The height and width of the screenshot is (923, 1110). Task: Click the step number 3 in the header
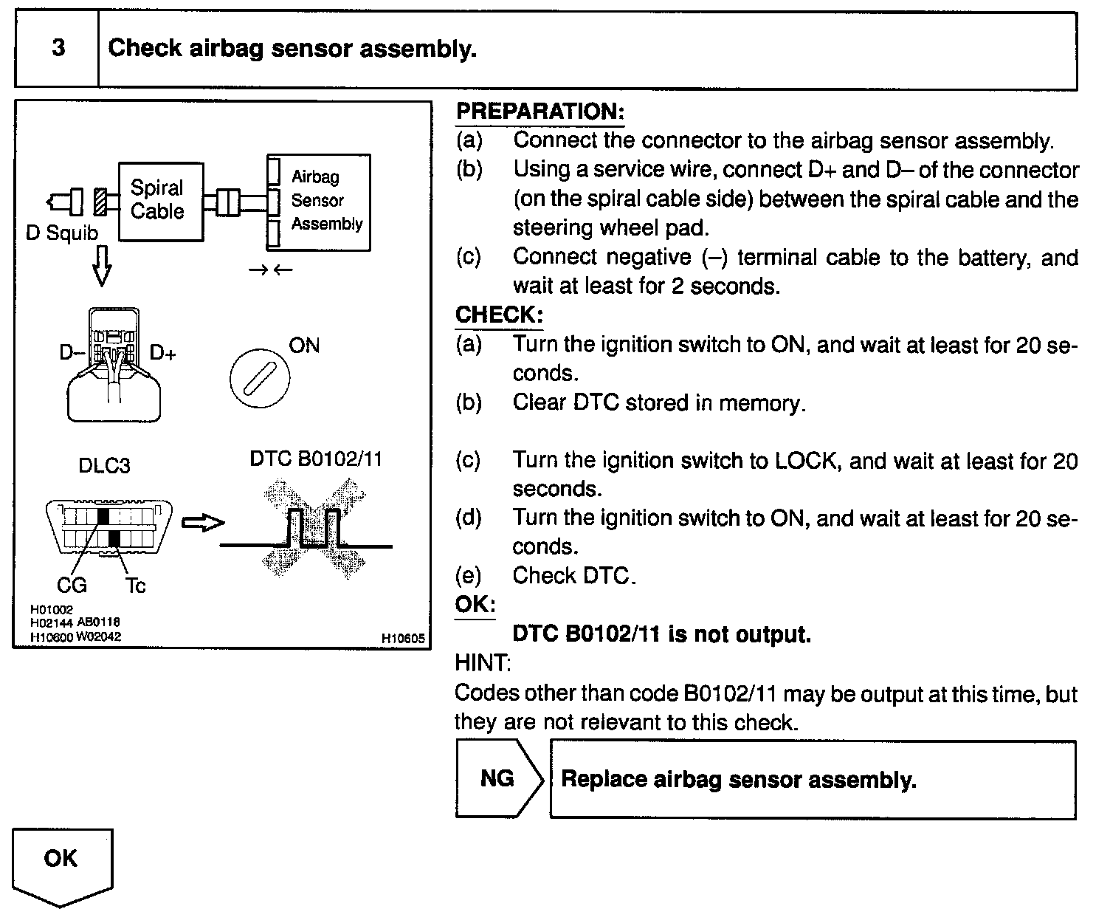[58, 49]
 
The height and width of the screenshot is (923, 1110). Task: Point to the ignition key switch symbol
[260, 379]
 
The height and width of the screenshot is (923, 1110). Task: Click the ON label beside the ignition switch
[304, 346]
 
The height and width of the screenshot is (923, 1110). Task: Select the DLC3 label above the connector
[104, 466]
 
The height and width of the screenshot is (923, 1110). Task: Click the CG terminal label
[72, 586]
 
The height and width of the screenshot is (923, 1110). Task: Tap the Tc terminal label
[135, 586]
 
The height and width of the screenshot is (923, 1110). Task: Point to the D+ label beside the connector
[163, 353]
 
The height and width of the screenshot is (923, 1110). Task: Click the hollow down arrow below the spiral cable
[102, 266]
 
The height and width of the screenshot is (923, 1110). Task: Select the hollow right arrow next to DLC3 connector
[202, 524]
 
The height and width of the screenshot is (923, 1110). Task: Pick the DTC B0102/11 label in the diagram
[316, 459]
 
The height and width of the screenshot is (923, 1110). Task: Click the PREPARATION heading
[540, 111]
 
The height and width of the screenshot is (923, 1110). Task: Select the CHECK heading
[499, 315]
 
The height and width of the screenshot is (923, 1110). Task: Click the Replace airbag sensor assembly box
[812, 780]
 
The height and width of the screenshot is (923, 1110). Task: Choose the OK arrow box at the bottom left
[62, 864]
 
